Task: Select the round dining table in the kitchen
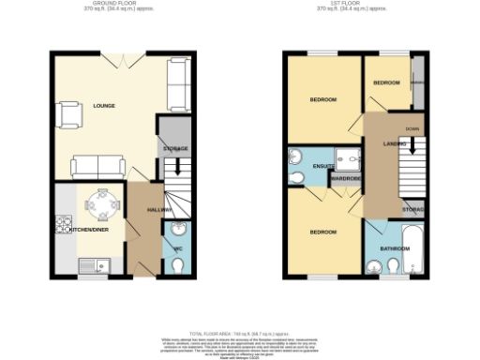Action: coord(103,202)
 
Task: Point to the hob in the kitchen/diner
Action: coord(64,225)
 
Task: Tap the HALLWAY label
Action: coord(159,209)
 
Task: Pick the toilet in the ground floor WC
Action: coord(177,266)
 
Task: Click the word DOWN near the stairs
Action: coord(412,128)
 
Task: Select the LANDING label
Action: coord(393,143)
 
